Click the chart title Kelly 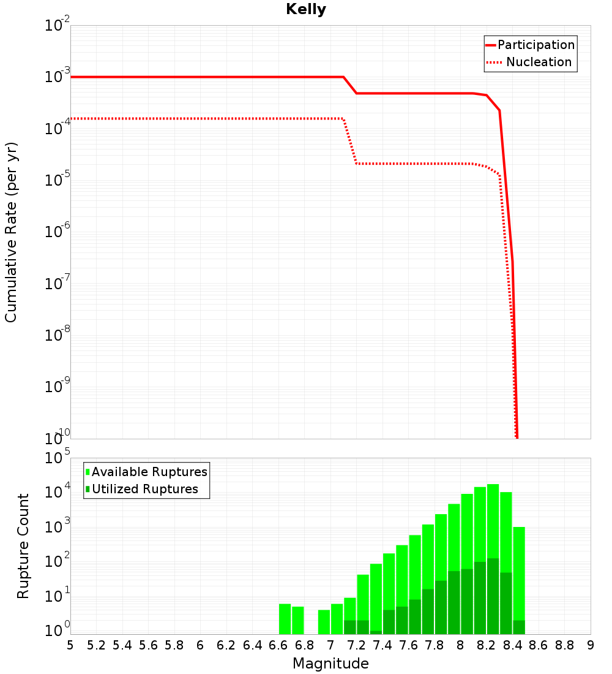point(306,10)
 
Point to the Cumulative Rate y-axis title point(11,232)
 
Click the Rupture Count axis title point(23,546)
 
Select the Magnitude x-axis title point(330,664)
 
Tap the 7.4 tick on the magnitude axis point(382,645)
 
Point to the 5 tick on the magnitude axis point(70,645)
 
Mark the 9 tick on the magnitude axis point(591,645)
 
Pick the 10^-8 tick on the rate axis point(56,336)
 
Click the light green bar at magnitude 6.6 point(285,619)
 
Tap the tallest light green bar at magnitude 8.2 point(493,521)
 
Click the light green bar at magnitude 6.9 point(324,622)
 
